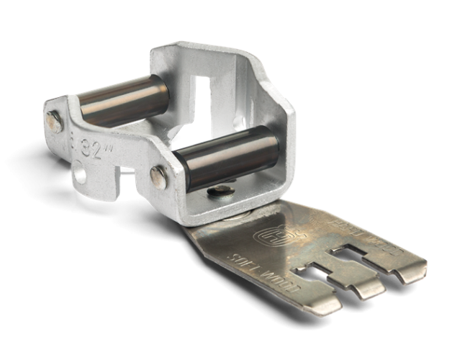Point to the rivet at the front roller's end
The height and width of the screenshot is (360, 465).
point(157,174)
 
